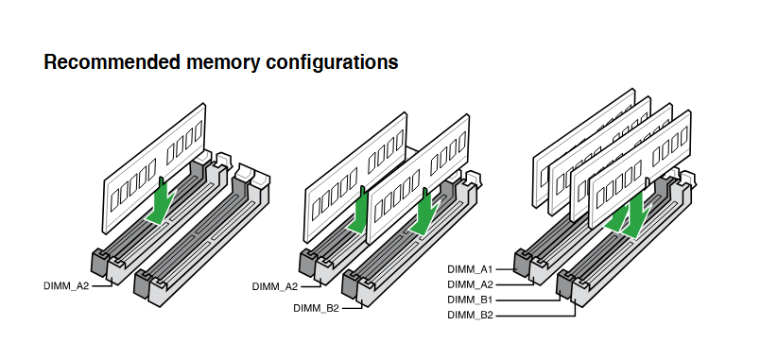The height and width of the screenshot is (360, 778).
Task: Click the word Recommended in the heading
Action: coord(112,62)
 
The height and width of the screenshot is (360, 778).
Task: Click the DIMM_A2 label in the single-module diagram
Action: coord(66,285)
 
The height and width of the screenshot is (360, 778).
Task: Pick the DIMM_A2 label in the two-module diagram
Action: coord(275,286)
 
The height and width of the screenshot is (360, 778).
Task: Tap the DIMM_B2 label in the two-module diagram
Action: coord(316,308)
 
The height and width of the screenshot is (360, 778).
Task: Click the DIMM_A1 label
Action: coord(470,269)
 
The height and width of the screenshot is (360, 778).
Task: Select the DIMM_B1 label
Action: coord(470,300)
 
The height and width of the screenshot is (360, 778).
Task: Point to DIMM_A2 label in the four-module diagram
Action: coord(470,284)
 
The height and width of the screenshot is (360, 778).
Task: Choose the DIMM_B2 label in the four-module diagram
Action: coord(470,315)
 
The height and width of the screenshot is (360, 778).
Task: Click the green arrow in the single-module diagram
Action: coord(160,201)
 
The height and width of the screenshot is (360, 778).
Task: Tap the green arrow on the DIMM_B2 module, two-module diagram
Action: coord(424,212)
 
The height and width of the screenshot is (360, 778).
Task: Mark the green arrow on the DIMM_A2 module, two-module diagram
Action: coord(358,211)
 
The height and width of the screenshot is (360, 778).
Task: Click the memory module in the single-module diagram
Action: coord(154,167)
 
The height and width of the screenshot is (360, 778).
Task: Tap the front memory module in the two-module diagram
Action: coord(418,179)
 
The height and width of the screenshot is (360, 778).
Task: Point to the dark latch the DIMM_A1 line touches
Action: coord(523,262)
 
